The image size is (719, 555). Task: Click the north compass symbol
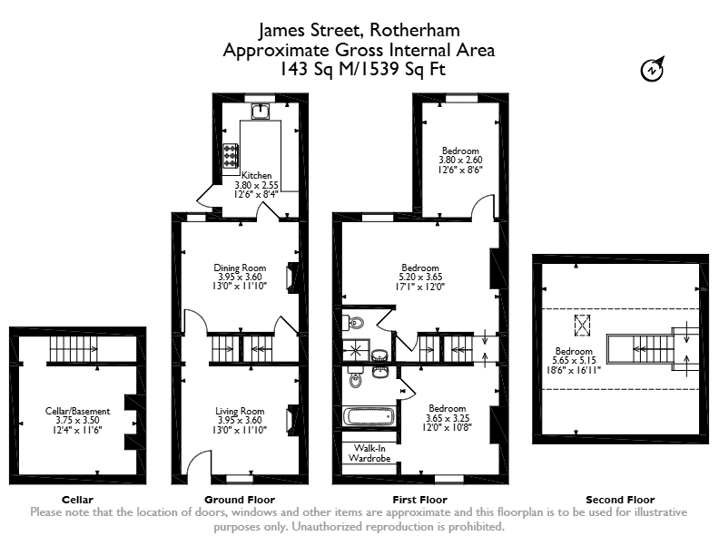click(x=652, y=69)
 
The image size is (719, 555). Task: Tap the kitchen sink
click(x=261, y=111)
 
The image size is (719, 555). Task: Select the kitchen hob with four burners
click(x=231, y=156)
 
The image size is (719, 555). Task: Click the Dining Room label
click(x=240, y=268)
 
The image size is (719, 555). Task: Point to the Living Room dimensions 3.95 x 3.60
click(x=240, y=420)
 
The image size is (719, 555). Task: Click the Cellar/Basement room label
click(x=77, y=411)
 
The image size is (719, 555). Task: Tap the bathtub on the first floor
click(x=369, y=417)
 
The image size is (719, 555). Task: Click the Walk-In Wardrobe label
click(x=369, y=453)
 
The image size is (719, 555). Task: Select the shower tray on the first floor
click(x=356, y=351)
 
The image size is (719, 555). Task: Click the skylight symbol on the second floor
click(x=582, y=326)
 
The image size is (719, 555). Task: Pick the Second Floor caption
click(x=620, y=500)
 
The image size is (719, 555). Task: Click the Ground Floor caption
click(x=240, y=500)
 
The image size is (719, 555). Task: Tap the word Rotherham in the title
click(x=415, y=30)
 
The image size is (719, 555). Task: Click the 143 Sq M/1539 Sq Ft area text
click(x=362, y=69)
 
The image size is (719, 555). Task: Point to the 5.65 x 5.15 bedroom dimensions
click(x=574, y=360)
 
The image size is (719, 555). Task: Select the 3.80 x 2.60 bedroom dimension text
click(x=460, y=160)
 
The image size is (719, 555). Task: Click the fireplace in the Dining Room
click(x=291, y=277)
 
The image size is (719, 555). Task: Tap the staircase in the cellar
click(x=74, y=349)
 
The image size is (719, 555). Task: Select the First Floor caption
click(x=419, y=500)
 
